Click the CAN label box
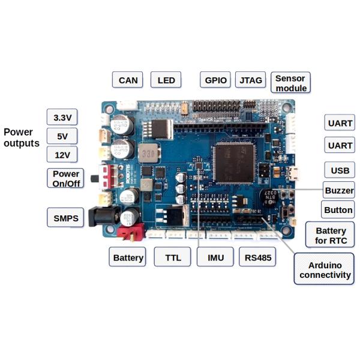[128, 80]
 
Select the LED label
[166, 80]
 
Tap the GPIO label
[215, 80]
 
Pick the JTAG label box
[249, 80]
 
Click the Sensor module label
[290, 83]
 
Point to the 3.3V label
[62, 118]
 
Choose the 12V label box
[62, 155]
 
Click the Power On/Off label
[66, 178]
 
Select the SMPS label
[66, 218]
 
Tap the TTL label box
[172, 257]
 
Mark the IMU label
[215, 257]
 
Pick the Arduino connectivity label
[325, 269]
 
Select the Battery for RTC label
[331, 235]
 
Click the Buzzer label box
[338, 190]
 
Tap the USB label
[339, 170]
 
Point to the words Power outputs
[22, 137]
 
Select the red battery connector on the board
[130, 232]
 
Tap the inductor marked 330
[147, 153]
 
